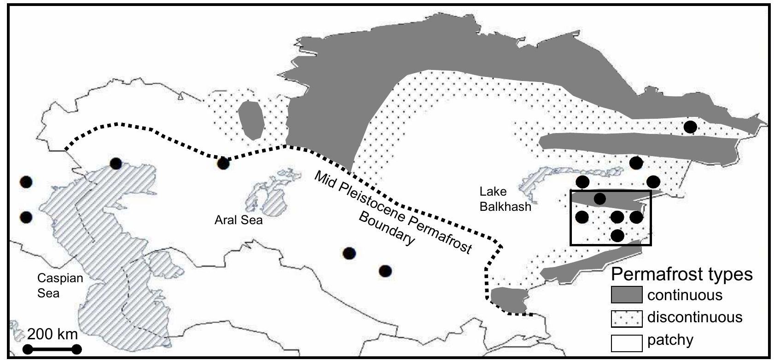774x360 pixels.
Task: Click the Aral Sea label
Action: coord(239,220)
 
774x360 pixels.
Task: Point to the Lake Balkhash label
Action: coord(505,199)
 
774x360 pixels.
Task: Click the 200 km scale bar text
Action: coord(52,333)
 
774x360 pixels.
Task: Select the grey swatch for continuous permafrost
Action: coord(626,295)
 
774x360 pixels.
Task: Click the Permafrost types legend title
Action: coord(681,274)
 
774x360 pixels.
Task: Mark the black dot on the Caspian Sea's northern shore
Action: coord(116,163)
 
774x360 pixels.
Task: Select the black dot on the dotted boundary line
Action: coord(223,163)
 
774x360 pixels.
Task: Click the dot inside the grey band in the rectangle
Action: coord(600,199)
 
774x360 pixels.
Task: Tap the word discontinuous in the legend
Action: coord(694,317)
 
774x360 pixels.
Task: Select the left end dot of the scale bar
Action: coord(28,349)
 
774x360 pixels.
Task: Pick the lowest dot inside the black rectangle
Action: coord(617,236)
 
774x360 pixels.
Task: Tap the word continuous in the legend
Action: coord(685,295)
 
